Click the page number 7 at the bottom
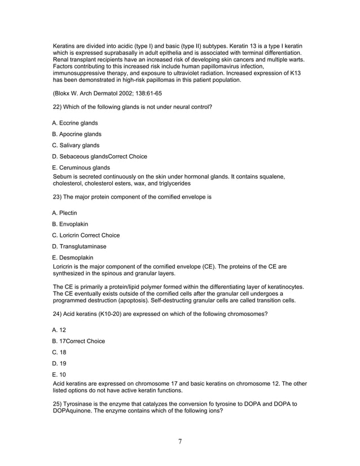pyautogui.click(x=179, y=441)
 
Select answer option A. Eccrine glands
pyautogui.click(x=74, y=123)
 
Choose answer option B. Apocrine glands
pyautogui.click(x=77, y=134)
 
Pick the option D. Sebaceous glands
pyautogui.click(x=99, y=157)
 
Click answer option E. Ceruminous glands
pyautogui.click(x=81, y=168)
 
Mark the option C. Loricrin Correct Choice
pyautogui.click(x=86, y=235)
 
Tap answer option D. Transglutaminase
pyautogui.click(x=79, y=247)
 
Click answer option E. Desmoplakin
pyautogui.click(x=73, y=257)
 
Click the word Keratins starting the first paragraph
pyautogui.click(x=65, y=45)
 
